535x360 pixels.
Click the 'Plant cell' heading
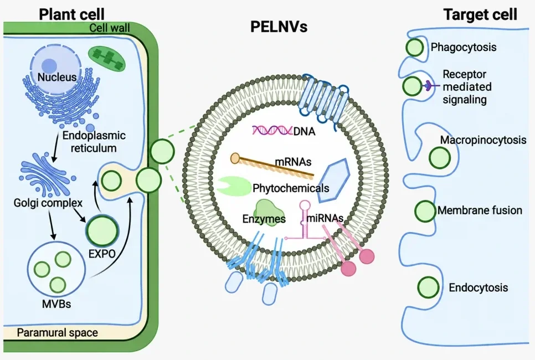71,14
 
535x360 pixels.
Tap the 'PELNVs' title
279,27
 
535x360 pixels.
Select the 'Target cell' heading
480,14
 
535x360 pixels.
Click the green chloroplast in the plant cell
107,58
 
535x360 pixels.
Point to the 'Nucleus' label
56,77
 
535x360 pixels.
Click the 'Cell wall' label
110,28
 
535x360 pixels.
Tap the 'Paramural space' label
58,332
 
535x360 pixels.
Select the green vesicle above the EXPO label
102,230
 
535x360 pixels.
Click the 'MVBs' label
56,304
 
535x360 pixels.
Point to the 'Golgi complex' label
48,203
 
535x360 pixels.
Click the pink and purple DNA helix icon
272,130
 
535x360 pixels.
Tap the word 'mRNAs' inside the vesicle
293,161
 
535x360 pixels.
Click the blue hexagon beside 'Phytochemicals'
334,181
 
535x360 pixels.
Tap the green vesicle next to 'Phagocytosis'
415,48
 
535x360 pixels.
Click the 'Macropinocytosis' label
483,140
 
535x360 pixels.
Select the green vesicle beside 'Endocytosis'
428,287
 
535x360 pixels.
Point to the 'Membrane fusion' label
480,210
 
